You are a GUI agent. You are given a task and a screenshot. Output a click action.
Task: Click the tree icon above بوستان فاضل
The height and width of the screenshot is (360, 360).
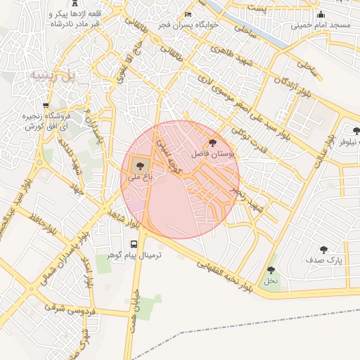click(x=214, y=143)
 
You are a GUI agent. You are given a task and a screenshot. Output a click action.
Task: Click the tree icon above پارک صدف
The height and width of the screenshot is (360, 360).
click(x=323, y=250)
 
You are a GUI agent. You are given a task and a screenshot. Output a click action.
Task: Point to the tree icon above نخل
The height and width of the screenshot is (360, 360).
click(x=271, y=270)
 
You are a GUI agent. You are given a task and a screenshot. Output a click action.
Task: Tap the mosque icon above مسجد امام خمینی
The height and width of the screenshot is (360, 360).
click(x=321, y=15)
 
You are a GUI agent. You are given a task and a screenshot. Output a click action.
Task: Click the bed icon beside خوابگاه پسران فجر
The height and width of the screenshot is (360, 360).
click(x=187, y=15)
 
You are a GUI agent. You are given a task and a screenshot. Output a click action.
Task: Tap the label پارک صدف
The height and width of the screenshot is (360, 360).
click(x=323, y=260)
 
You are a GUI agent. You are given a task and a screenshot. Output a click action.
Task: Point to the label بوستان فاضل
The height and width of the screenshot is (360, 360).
click(x=213, y=153)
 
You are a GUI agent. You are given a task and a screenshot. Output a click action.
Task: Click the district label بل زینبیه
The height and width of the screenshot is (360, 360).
click(x=53, y=75)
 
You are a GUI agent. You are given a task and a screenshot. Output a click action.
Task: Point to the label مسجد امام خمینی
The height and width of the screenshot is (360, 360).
click(x=321, y=25)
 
